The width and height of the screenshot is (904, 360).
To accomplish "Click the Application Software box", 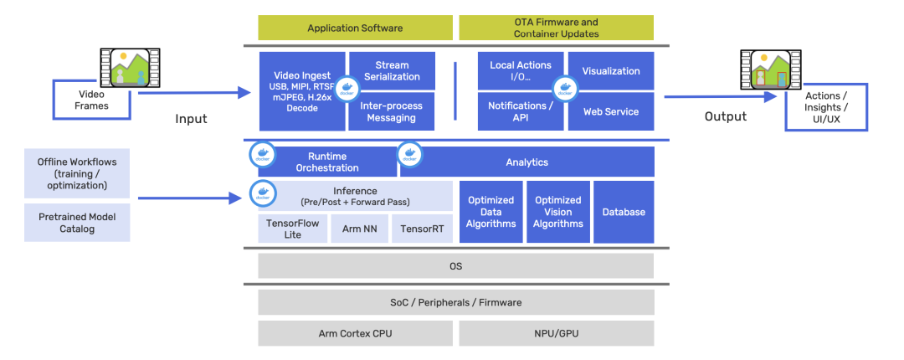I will tap(355, 28).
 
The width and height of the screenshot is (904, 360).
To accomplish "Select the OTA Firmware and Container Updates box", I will tap(556, 28).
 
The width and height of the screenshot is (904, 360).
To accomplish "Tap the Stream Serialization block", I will tap(392, 70).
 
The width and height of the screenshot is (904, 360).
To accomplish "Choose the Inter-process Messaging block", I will tap(392, 112).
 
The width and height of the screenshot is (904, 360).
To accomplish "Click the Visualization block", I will tap(611, 71).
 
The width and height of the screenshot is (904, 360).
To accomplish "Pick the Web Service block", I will tap(611, 111).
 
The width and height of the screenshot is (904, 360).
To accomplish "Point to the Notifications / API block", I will tap(521, 111).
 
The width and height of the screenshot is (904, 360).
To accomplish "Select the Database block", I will tap(624, 212).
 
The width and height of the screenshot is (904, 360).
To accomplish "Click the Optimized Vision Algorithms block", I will tap(558, 212).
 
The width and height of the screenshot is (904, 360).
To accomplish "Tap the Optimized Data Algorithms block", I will tap(491, 212).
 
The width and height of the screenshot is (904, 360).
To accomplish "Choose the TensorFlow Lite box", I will tap(292, 229).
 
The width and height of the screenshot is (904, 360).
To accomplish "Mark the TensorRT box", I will tap(422, 229).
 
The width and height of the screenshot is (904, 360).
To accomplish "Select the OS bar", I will tap(455, 266).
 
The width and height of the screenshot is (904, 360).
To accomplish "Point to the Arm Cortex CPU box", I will tap(355, 333).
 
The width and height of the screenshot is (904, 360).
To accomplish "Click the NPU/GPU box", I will tap(556, 333).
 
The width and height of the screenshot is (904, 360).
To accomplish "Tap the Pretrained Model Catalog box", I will tap(77, 223).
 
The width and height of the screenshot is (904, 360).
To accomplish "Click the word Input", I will tap(191, 119).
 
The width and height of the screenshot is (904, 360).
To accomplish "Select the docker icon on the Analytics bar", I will tap(410, 154).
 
